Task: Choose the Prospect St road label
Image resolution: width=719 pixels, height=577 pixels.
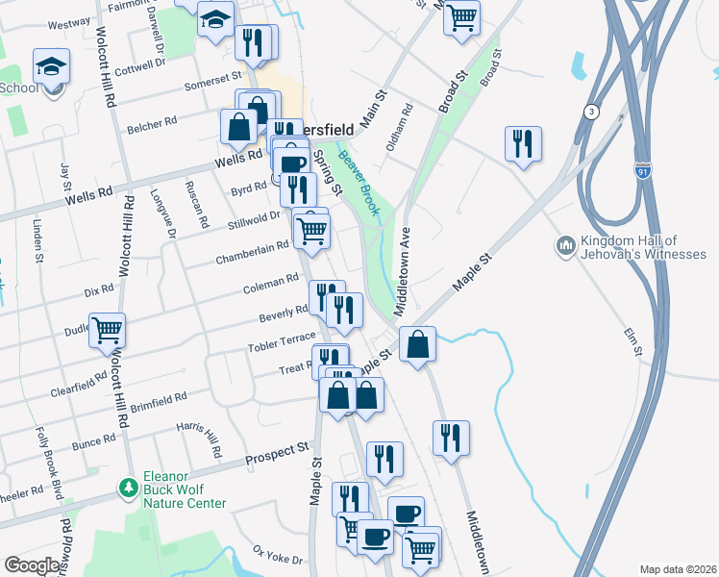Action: (x=277, y=449)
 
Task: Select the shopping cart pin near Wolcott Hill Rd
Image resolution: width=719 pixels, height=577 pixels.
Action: (x=108, y=330)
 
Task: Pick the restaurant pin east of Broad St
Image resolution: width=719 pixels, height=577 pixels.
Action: (x=523, y=144)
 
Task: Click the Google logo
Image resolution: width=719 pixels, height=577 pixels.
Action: (x=33, y=565)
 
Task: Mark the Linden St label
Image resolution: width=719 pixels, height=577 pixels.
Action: (x=38, y=239)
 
